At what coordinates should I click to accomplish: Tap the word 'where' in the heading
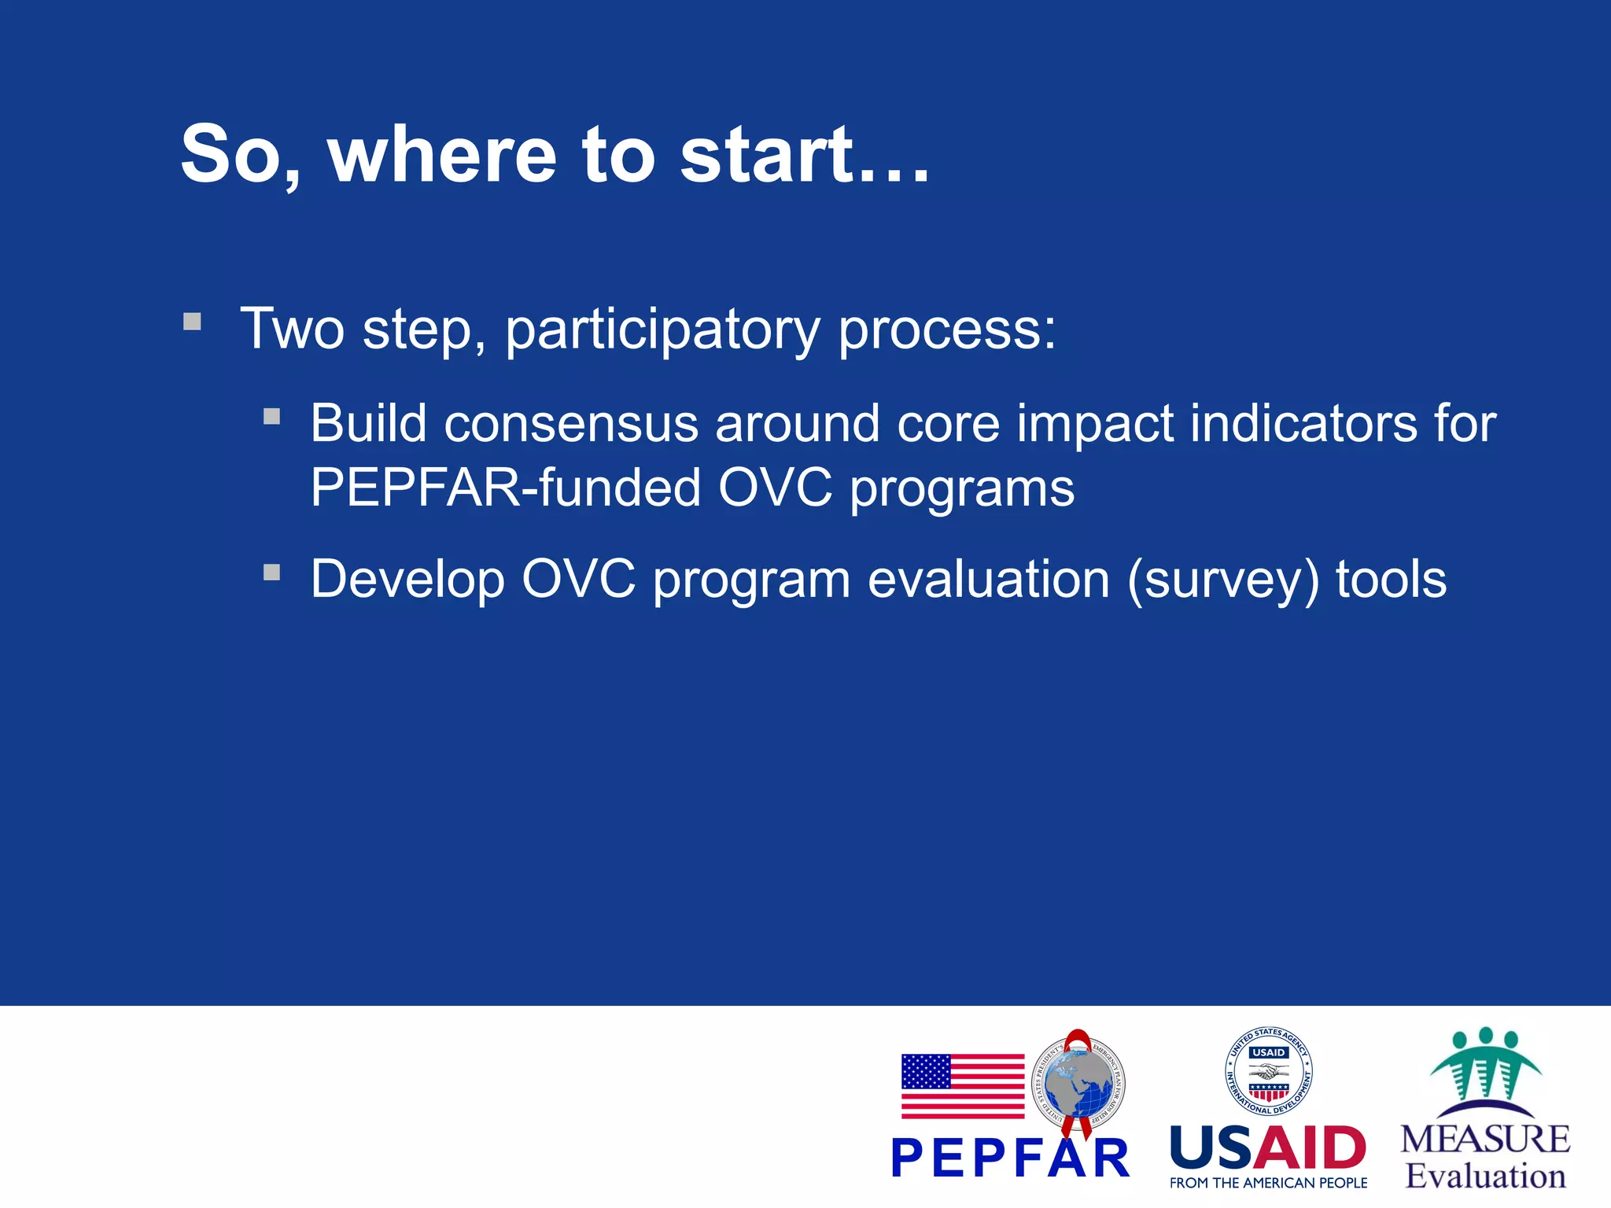(x=442, y=155)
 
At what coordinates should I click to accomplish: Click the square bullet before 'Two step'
(x=192, y=322)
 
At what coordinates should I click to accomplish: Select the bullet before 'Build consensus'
(x=272, y=416)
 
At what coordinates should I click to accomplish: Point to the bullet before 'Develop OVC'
(x=272, y=573)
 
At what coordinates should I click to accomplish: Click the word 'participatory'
(x=662, y=330)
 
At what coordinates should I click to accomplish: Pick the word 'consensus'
(x=571, y=425)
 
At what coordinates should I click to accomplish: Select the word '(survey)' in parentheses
(x=1222, y=580)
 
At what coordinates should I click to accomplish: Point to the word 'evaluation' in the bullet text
(x=988, y=580)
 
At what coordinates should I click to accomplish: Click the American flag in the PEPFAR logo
(x=962, y=1086)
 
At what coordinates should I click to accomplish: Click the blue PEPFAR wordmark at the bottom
(x=1010, y=1159)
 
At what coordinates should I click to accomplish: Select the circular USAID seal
(x=1268, y=1071)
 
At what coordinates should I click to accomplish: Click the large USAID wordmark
(x=1267, y=1148)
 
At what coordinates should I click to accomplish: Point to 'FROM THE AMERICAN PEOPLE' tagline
(x=1267, y=1183)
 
